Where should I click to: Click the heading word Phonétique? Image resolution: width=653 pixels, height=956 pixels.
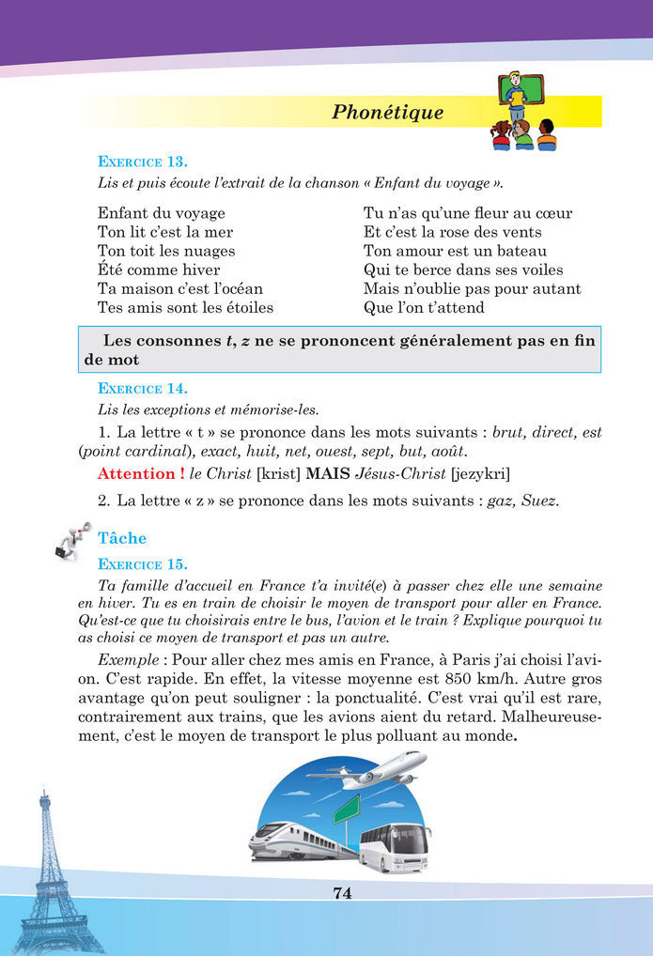[387, 113]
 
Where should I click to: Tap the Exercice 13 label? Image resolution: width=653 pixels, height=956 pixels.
[142, 162]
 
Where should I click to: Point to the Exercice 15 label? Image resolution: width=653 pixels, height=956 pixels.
[142, 564]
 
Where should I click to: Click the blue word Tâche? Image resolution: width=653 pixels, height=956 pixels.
[122, 538]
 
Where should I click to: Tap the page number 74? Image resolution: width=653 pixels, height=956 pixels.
[342, 893]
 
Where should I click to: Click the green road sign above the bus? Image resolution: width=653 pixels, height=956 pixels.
[347, 807]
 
